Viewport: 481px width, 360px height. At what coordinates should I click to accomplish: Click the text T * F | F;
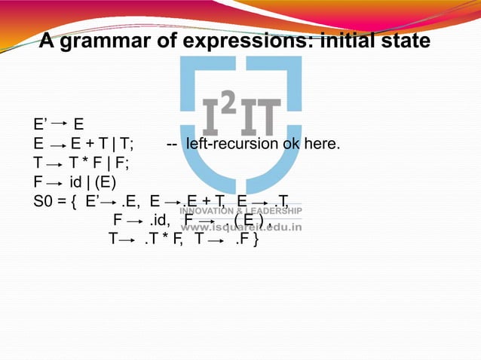pyautogui.click(x=94, y=163)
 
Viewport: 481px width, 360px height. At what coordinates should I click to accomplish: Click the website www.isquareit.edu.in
pyautogui.click(x=241, y=226)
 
